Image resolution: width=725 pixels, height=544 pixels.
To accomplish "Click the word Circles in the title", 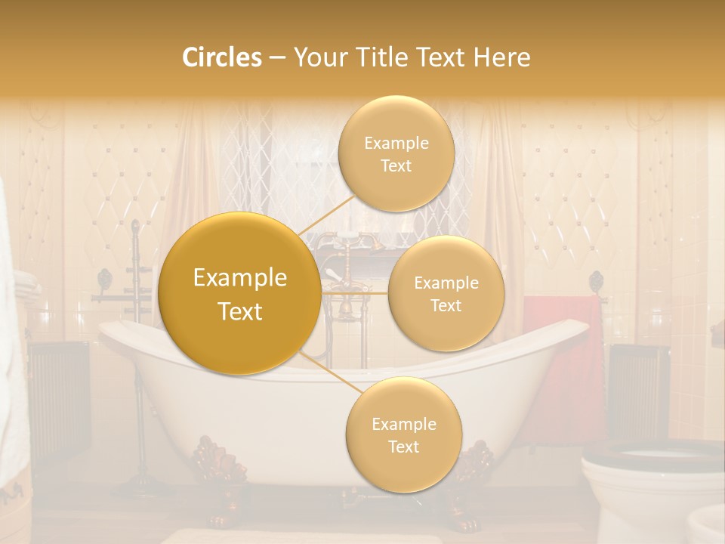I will pyautogui.click(x=221, y=57).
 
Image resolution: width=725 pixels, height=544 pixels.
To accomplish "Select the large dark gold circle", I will pyautogui.click(x=239, y=294).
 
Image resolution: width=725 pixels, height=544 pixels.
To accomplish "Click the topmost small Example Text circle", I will pyautogui.click(x=396, y=154).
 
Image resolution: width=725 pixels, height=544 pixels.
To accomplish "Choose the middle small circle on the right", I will pyautogui.click(x=446, y=293).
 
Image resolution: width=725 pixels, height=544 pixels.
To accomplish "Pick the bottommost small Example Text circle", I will pyautogui.click(x=403, y=434).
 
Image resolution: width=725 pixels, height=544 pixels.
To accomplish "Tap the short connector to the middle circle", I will pyautogui.click(x=355, y=292).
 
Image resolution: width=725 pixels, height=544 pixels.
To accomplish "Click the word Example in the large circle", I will pyautogui.click(x=239, y=278).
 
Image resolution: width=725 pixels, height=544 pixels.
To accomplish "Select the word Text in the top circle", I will pyautogui.click(x=396, y=166).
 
